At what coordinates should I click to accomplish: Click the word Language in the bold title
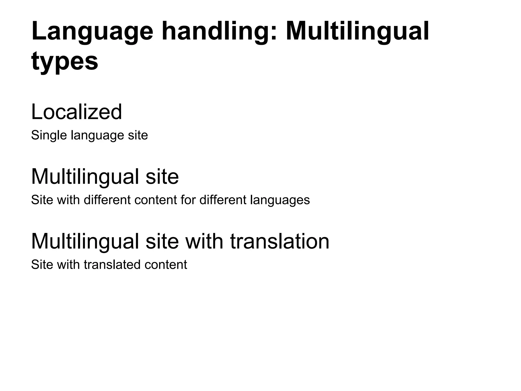(x=92, y=32)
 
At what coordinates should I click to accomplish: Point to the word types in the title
(x=65, y=62)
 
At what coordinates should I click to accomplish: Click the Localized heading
(x=77, y=112)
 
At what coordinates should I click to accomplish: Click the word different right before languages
(x=223, y=200)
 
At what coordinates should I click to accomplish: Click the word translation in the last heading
(x=280, y=241)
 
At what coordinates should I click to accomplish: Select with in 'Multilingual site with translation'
(x=204, y=241)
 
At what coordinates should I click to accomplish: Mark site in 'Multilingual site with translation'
(x=162, y=241)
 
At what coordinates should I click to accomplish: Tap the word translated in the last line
(x=112, y=265)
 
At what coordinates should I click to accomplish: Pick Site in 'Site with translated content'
(x=42, y=265)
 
